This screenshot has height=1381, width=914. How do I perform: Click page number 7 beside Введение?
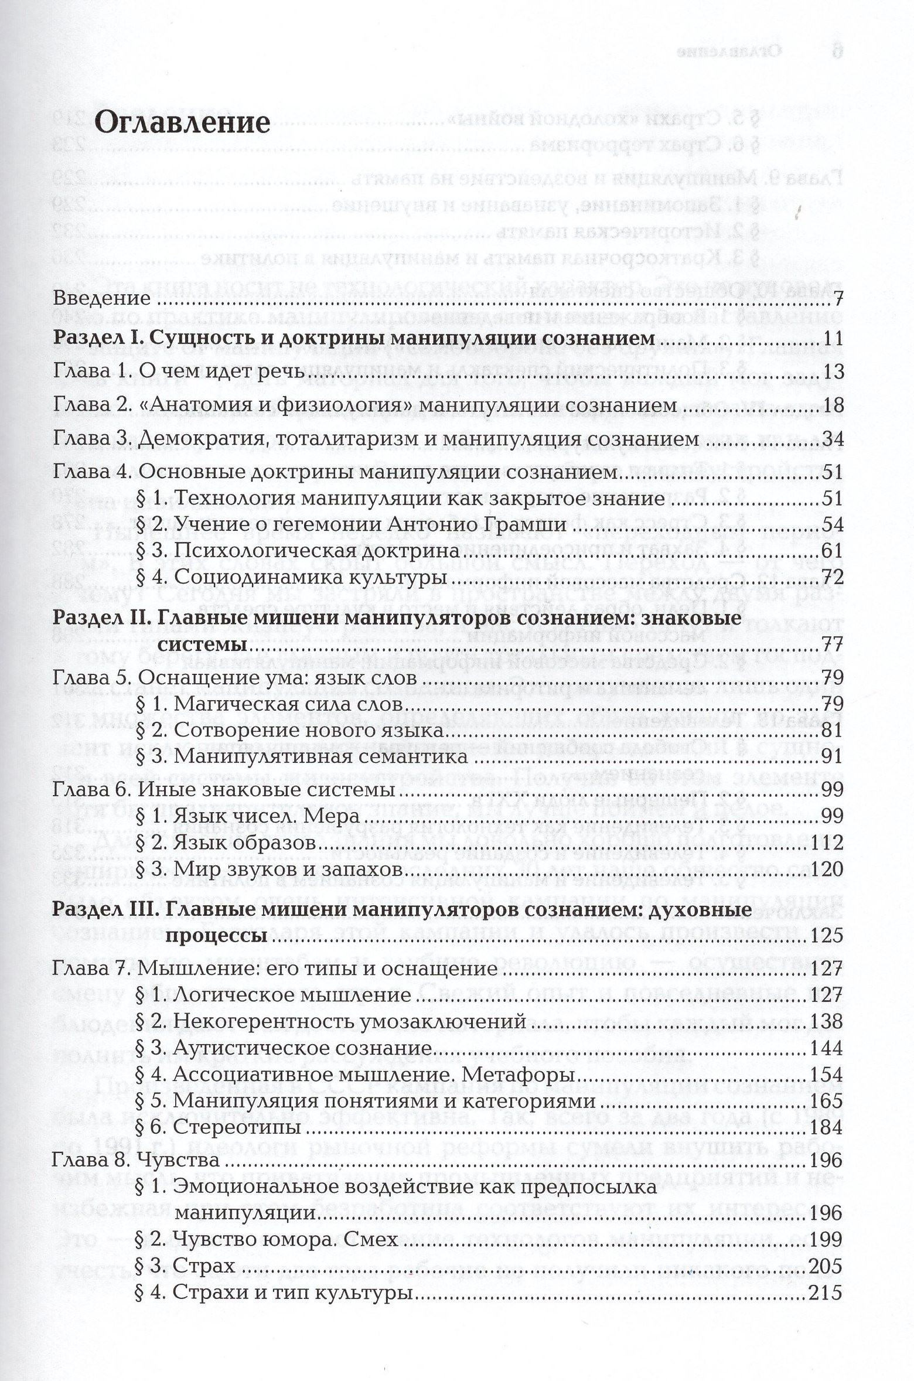click(x=837, y=299)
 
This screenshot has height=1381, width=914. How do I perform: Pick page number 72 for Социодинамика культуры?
click(x=831, y=578)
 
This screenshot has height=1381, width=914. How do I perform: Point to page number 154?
click(x=826, y=1075)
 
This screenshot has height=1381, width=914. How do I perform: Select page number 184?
click(x=826, y=1127)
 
